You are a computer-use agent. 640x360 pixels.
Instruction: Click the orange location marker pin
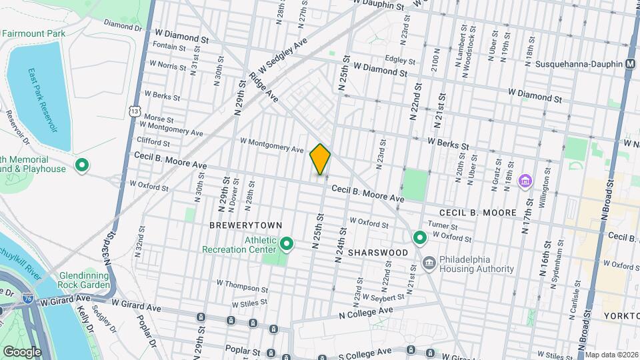tap(320, 159)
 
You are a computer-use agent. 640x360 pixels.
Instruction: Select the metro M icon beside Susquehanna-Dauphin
tap(630, 63)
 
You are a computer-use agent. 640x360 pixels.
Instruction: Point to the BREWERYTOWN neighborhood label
tap(245, 226)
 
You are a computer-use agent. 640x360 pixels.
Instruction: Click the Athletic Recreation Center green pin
tap(287, 245)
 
